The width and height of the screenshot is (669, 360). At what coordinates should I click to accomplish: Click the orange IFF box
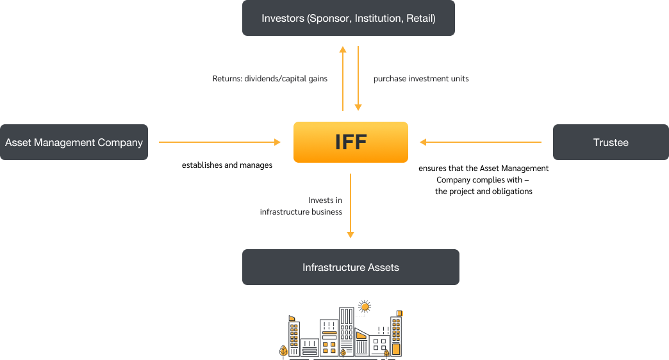point(351,142)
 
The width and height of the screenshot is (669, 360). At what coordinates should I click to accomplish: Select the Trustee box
point(611,142)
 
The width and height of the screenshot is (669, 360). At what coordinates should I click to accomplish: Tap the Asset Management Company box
point(74,142)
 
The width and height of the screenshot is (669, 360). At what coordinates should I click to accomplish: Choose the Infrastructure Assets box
point(351,267)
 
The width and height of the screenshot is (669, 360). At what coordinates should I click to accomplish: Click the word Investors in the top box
point(283,19)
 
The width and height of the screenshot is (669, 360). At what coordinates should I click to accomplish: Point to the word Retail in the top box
point(420,19)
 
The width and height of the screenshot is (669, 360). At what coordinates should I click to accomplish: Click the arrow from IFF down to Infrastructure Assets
point(351,206)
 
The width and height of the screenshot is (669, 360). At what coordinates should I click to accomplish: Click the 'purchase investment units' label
point(421,79)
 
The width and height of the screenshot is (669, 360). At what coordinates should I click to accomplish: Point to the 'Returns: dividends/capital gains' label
point(270,79)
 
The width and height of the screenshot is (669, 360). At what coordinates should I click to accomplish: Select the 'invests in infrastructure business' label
point(301,206)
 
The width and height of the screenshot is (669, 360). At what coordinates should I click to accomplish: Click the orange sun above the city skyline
point(365,307)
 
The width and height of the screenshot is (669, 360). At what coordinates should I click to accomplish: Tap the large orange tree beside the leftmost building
point(284,351)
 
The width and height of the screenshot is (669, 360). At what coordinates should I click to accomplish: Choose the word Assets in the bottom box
point(383,267)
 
